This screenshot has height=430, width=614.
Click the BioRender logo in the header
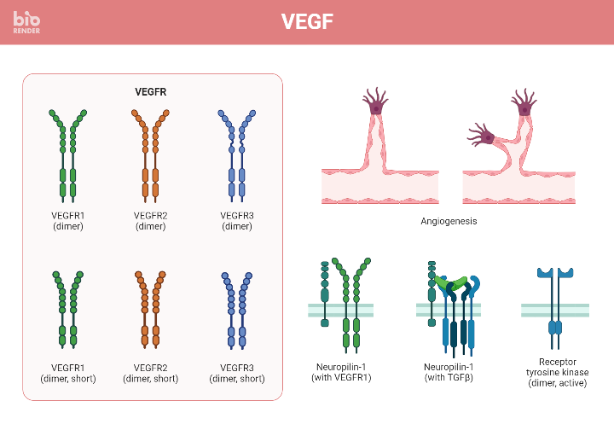click(x=26, y=22)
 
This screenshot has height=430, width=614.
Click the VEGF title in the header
click(x=306, y=22)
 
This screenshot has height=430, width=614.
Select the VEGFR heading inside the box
click(x=152, y=92)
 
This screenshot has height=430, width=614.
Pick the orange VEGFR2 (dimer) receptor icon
click(x=150, y=154)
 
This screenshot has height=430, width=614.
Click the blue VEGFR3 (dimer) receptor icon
click(x=236, y=154)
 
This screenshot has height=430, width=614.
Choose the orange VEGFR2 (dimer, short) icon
click(x=150, y=311)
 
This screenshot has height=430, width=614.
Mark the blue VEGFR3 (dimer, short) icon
click(x=236, y=311)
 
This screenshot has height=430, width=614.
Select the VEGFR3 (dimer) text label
click(x=236, y=221)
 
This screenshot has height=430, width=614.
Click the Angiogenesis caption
click(x=449, y=221)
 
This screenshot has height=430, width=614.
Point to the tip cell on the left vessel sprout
click(x=376, y=104)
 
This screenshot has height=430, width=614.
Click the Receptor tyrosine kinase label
click(x=558, y=373)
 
